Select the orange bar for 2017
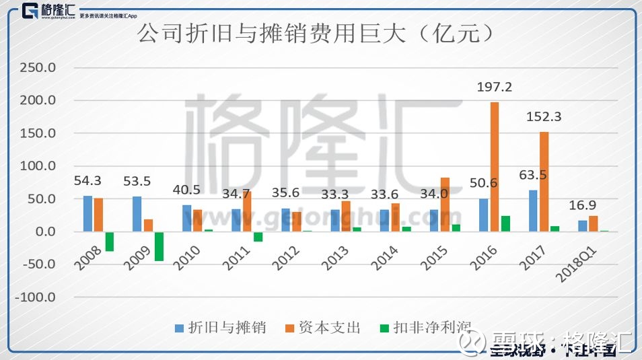(x=544, y=182)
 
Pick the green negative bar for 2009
(x=159, y=246)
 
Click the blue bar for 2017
(x=534, y=211)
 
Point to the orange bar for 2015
(x=445, y=205)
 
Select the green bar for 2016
(x=505, y=224)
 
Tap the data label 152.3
(x=544, y=116)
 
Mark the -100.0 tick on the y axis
(x=36, y=297)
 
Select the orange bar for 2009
(x=148, y=225)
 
